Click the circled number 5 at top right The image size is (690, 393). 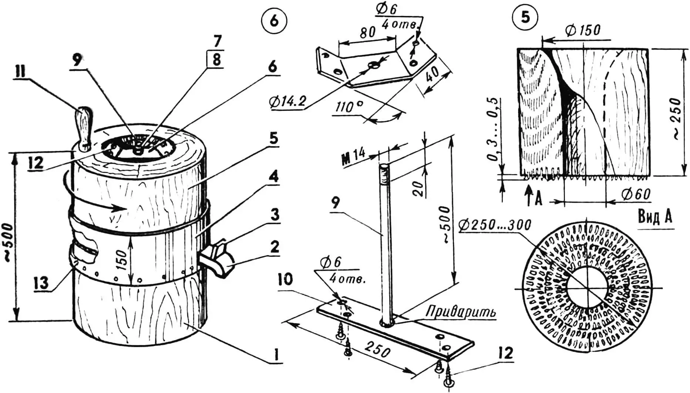[x=526, y=18]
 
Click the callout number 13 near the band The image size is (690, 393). [x=41, y=284]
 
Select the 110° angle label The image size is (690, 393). [x=349, y=108]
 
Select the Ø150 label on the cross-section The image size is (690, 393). [x=583, y=30]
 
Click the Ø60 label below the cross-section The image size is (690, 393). [x=635, y=194]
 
